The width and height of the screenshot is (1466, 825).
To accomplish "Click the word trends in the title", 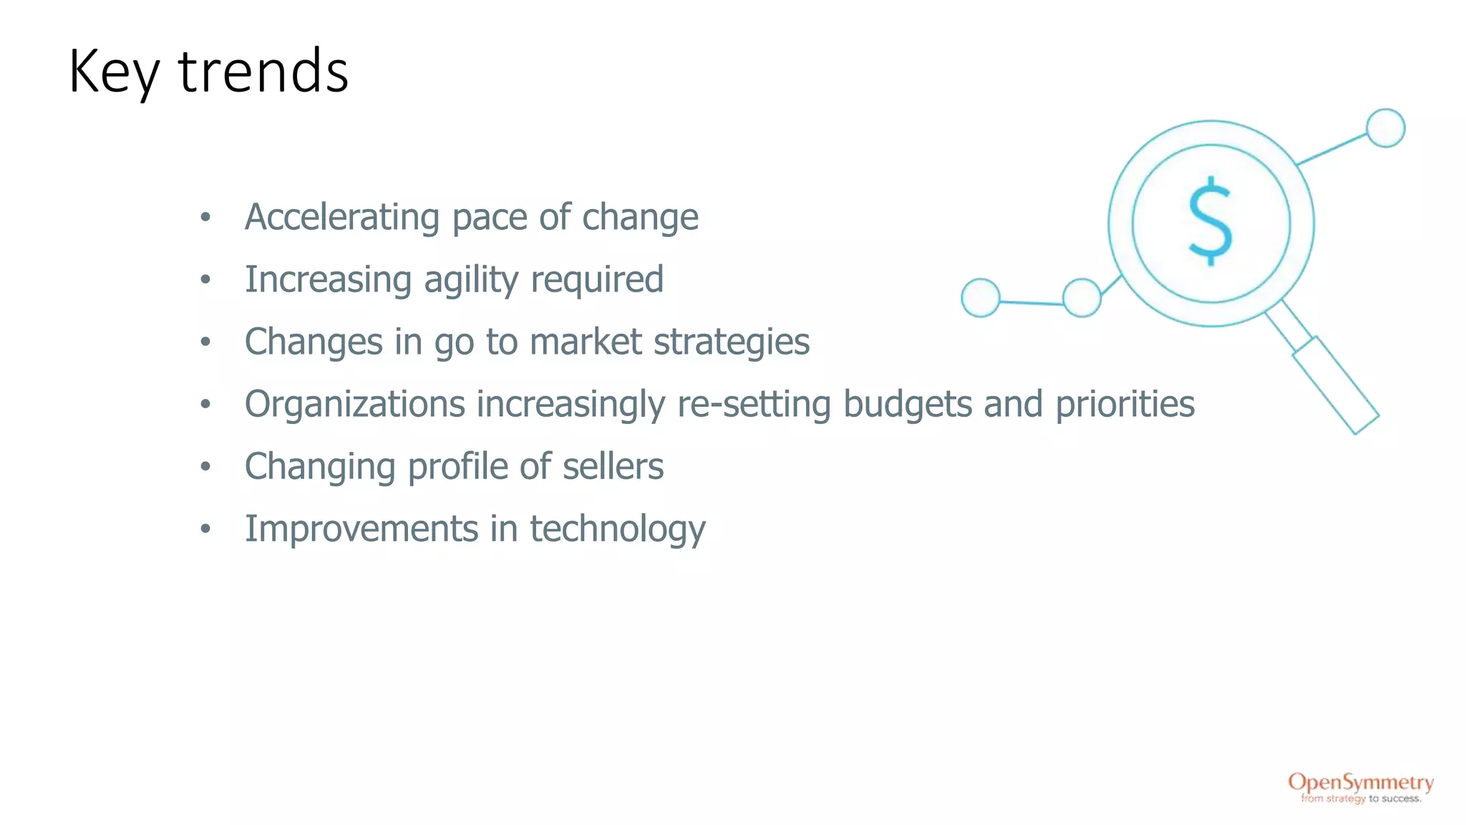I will tap(263, 72).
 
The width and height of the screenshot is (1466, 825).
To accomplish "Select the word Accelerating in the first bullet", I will tap(341, 217).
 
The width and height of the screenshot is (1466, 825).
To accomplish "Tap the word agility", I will tap(470, 280).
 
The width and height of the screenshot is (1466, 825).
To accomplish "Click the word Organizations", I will tap(355, 404).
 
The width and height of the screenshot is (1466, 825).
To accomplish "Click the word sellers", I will tap(613, 466).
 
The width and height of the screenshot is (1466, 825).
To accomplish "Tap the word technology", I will tap(617, 529).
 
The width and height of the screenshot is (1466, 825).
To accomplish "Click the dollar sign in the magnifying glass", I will tap(1210, 221).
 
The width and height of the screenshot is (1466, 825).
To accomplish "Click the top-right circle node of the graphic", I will tap(1385, 128).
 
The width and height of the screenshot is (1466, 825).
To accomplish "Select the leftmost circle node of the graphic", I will tap(980, 297).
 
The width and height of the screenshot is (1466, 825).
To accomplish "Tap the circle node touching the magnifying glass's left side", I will tap(1082, 297).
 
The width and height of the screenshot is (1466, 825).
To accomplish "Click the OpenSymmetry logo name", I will tap(1361, 782).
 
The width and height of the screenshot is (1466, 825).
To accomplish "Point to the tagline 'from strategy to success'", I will tap(1361, 799).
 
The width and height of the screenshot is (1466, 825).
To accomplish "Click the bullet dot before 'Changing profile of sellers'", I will tap(205, 467).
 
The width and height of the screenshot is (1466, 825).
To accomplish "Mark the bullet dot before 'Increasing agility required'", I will tap(205, 280).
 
